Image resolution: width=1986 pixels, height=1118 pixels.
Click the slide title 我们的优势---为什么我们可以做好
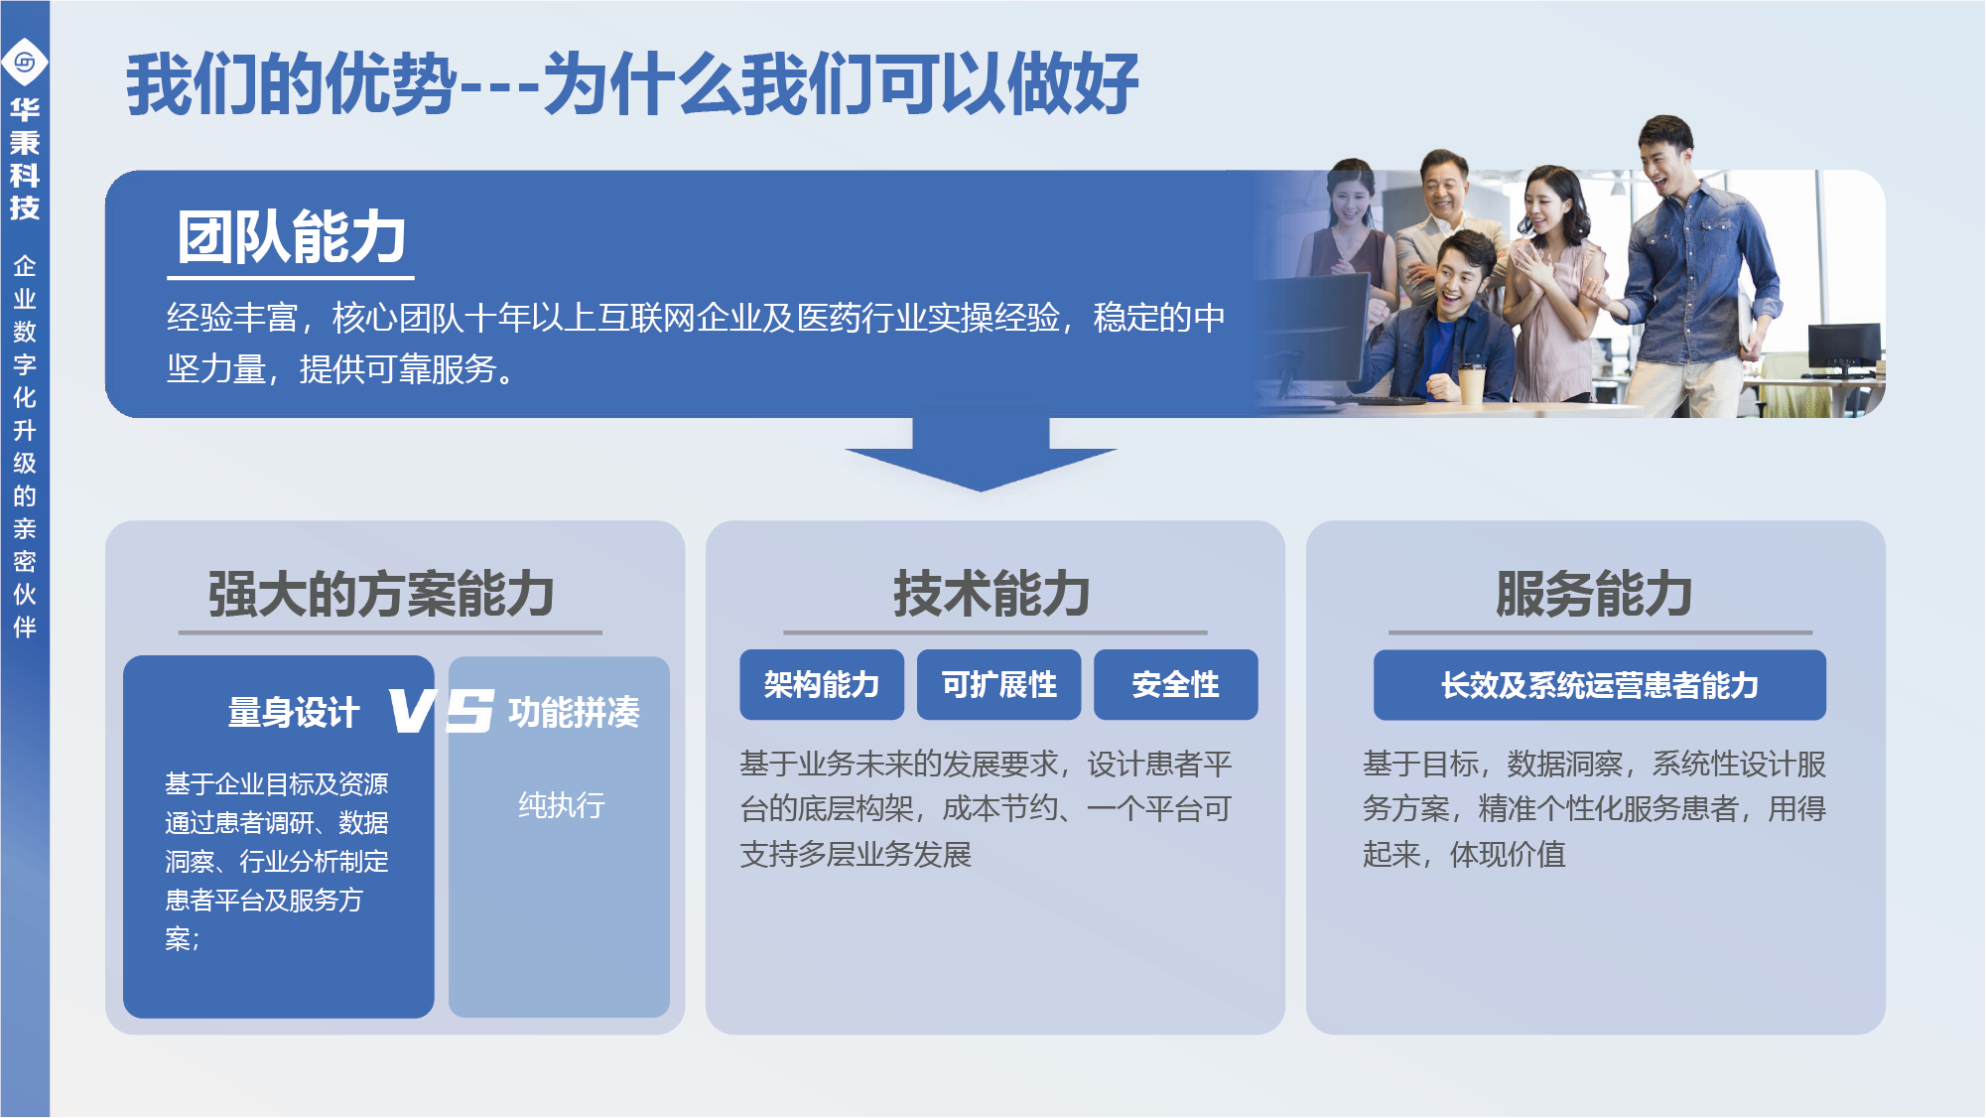pyautogui.click(x=632, y=83)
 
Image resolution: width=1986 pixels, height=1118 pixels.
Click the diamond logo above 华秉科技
pyautogui.click(x=25, y=63)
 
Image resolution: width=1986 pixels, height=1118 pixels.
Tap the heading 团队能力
pyautogui.click(x=291, y=237)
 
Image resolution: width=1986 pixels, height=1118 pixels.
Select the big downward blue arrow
pyautogui.click(x=981, y=454)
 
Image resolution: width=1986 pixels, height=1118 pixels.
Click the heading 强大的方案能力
pyautogui.click(x=381, y=594)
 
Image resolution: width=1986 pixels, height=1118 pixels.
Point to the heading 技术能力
pyautogui.click(x=993, y=594)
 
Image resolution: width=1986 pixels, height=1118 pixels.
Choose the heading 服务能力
pyautogui.click(x=1595, y=594)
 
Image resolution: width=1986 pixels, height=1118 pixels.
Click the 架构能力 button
pyautogui.click(x=822, y=684)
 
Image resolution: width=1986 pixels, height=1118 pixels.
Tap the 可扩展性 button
pyautogui.click(x=998, y=684)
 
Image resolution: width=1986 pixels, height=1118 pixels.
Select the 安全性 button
pyautogui.click(x=1175, y=684)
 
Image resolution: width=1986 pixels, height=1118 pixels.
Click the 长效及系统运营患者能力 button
pyautogui.click(x=1600, y=684)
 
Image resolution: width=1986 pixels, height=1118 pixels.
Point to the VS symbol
pyautogui.click(x=441, y=711)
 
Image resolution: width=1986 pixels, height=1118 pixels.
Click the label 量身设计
pyautogui.click(x=294, y=712)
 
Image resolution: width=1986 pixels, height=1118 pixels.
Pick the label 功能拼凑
pyautogui.click(x=574, y=712)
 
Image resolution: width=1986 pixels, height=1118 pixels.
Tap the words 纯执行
pyautogui.click(x=562, y=804)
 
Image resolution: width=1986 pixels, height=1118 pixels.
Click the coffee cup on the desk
pyautogui.click(x=1471, y=382)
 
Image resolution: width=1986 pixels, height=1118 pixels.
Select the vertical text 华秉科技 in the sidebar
pyautogui.click(x=25, y=159)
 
